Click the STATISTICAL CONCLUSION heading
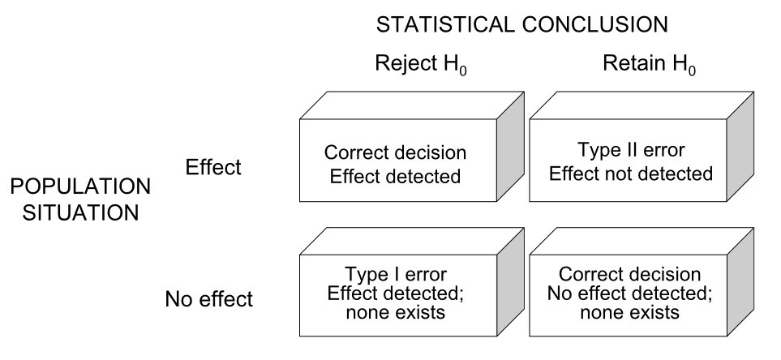tap(521, 24)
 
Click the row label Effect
tap(214, 168)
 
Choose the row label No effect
tap(209, 299)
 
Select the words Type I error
tap(395, 274)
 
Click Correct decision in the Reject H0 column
tap(395, 152)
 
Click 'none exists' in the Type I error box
tap(395, 312)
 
